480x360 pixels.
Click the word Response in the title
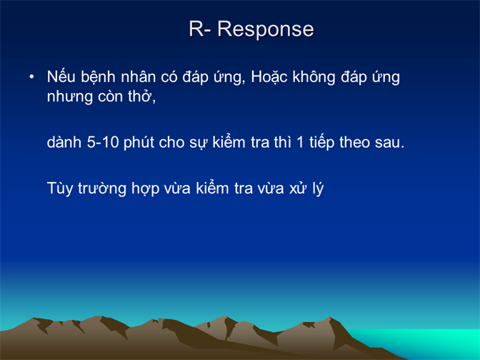pos(266,30)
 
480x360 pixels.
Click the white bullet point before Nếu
pos(31,77)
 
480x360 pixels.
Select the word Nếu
pos(61,76)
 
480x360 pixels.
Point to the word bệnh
pos(99,77)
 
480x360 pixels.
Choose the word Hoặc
pos(269,77)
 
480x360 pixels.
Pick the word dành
pos(64,142)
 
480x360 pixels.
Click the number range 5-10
pos(103,142)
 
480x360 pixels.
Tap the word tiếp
pos(321,143)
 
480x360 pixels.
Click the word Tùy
pos(60,188)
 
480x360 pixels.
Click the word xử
pos(298,188)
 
